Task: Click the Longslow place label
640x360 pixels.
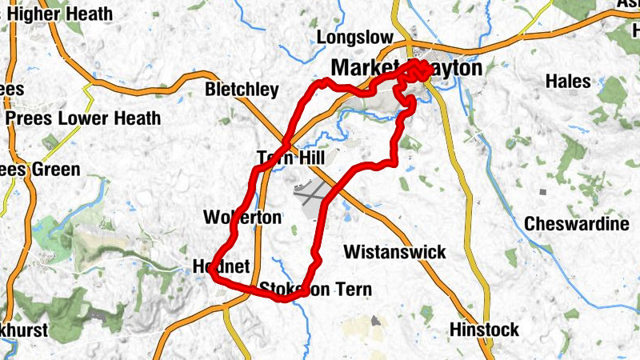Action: click(x=355, y=38)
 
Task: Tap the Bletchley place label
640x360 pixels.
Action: click(x=242, y=89)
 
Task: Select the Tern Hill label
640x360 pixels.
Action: click(x=290, y=157)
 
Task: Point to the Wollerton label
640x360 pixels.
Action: click(x=242, y=217)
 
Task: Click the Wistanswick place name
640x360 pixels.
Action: click(x=394, y=252)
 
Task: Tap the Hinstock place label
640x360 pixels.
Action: click(x=484, y=329)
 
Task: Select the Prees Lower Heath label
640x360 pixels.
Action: click(x=83, y=118)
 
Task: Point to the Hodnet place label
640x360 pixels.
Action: click(x=222, y=266)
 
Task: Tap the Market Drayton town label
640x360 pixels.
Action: click(x=406, y=69)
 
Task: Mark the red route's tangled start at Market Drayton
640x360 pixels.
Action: click(x=418, y=70)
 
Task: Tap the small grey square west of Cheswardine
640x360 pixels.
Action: click(x=543, y=192)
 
